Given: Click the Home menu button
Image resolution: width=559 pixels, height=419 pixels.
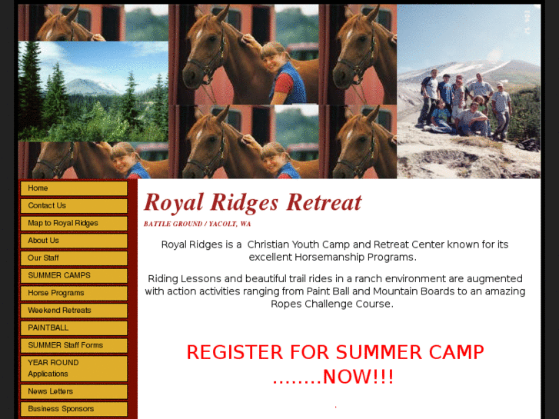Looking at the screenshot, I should [74, 188].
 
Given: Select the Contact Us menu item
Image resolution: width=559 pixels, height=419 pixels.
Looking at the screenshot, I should [74, 206].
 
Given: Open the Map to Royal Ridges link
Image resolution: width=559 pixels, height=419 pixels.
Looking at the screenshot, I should [74, 224].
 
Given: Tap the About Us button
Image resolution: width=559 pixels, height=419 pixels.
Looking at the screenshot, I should [74, 241].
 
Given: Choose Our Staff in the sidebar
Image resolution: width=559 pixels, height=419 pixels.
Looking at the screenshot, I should [74, 258].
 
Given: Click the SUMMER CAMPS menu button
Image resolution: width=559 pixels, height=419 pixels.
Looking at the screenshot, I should [74, 275].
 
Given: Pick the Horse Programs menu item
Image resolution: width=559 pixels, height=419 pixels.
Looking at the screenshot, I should [74, 293].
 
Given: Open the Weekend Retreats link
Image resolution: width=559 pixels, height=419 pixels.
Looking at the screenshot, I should [74, 311].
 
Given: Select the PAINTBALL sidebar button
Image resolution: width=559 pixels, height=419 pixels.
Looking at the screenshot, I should [74, 328].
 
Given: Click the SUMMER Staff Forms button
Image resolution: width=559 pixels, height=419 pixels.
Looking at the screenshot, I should [74, 345].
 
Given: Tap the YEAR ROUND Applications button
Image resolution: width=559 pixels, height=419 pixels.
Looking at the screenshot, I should [74, 368].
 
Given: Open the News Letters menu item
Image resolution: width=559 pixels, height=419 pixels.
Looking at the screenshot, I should [74, 391].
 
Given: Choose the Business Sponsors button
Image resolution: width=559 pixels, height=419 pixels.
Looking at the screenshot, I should [74, 409].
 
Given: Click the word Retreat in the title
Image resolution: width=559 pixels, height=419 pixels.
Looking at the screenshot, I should [324, 203].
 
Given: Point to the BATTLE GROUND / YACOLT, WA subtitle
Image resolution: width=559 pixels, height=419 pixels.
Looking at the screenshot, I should [197, 224].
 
